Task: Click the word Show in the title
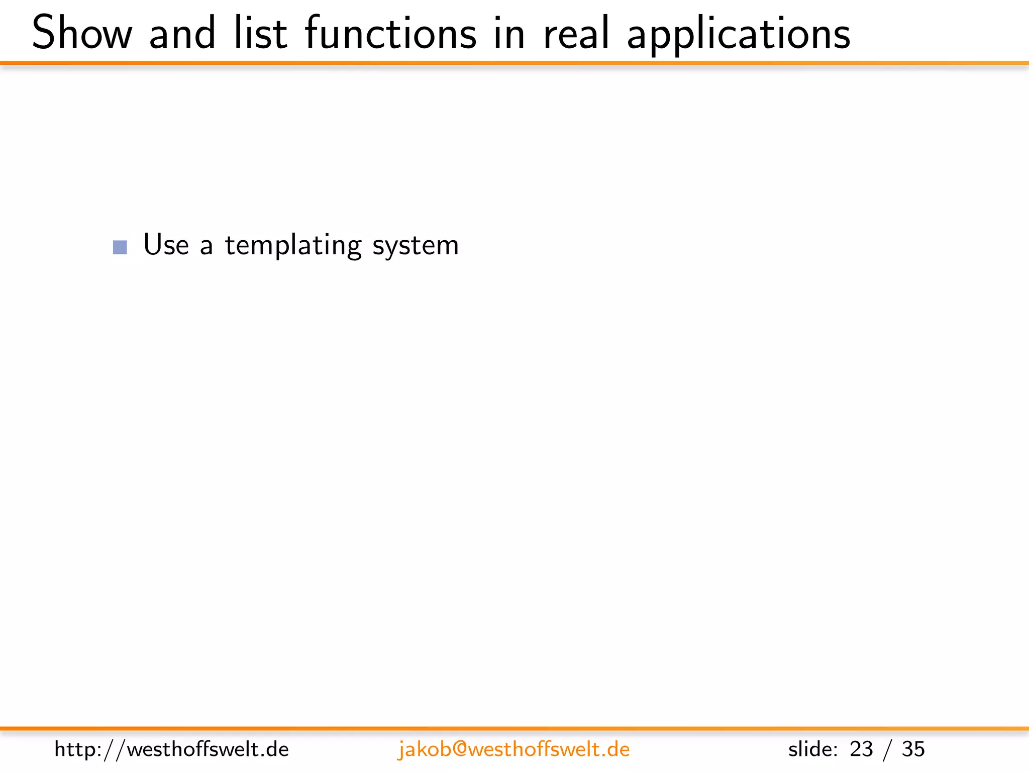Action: tap(82, 33)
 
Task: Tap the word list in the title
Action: tap(260, 33)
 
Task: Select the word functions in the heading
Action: tap(390, 33)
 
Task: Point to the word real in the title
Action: tap(576, 33)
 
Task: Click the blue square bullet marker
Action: tap(120, 247)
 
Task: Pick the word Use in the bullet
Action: tap(166, 245)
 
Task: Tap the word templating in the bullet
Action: tap(293, 246)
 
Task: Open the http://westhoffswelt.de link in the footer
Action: tap(171, 749)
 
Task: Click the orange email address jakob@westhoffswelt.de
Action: tap(513, 749)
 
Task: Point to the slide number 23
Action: tap(861, 749)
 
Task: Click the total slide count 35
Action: tap(913, 749)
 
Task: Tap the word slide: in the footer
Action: tap(812, 749)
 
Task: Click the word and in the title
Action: tap(182, 33)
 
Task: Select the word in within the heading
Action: tap(509, 33)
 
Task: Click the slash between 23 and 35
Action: tap(887, 750)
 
